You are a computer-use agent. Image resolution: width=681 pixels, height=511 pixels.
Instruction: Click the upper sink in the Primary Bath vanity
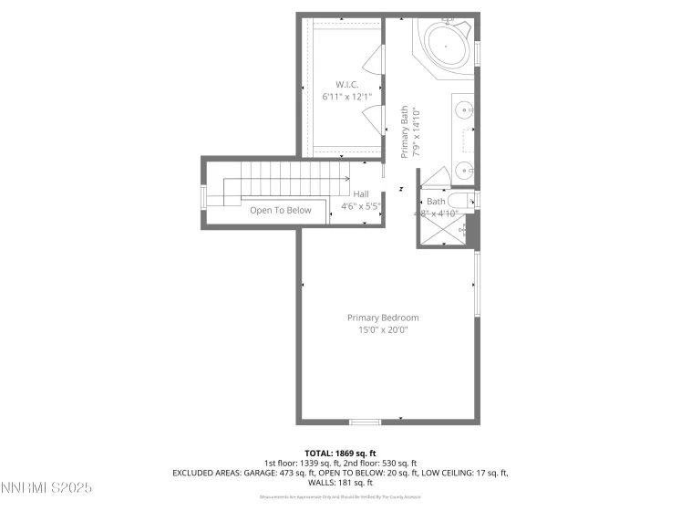(464, 110)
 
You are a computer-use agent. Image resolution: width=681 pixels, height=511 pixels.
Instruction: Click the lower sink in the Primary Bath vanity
(464, 168)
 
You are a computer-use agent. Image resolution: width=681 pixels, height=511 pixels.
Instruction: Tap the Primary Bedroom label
(383, 318)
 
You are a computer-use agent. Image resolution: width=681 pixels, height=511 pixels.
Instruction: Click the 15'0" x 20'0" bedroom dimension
(383, 329)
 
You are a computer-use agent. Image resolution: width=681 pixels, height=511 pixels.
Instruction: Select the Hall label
(361, 193)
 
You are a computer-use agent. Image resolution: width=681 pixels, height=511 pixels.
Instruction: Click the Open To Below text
(281, 210)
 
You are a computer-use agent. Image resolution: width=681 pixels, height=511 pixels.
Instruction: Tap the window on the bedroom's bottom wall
(366, 422)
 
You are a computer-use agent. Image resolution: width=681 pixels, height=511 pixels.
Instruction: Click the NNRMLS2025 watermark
(46, 489)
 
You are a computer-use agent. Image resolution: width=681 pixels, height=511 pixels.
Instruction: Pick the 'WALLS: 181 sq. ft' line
(340, 482)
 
